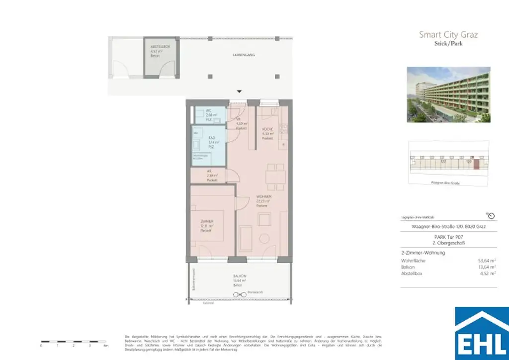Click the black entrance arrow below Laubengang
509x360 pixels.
click(239, 91)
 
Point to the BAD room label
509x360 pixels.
click(211, 137)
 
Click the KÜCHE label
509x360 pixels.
click(268, 129)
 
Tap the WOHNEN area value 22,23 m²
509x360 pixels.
click(263, 201)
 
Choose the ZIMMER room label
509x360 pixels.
click(207, 221)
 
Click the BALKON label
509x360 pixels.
click(240, 275)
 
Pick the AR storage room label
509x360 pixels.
click(209, 171)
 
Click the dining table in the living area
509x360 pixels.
click(275, 177)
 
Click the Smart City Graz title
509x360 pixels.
click(448, 35)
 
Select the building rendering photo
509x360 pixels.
click(448, 94)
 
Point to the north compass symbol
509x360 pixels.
click(491, 216)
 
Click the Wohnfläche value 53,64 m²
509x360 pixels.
click(487, 260)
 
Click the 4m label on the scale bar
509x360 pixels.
click(105, 345)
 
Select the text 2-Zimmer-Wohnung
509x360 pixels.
click(423, 253)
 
